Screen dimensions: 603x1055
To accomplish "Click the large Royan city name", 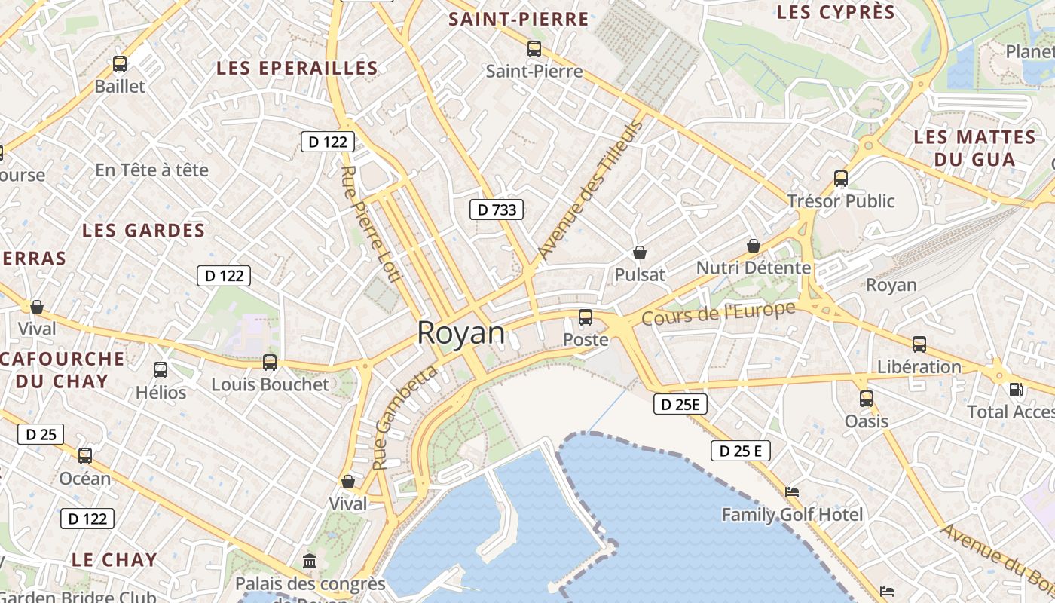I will pyautogui.click(x=460, y=332).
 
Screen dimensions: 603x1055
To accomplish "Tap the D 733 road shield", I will pyautogui.click(x=497, y=210).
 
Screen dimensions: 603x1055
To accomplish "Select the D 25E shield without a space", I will pyautogui.click(x=680, y=404).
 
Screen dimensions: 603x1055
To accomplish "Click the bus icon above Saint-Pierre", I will pyautogui.click(x=534, y=49).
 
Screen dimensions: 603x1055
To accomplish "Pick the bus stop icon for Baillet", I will pyautogui.click(x=120, y=64).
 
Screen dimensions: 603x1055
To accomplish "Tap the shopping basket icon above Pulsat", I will pyautogui.click(x=640, y=253).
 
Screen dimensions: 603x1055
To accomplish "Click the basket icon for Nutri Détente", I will pyautogui.click(x=753, y=246).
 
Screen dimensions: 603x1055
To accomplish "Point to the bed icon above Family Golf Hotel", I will pyautogui.click(x=792, y=492).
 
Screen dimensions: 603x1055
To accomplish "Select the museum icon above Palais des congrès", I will pyautogui.click(x=310, y=561).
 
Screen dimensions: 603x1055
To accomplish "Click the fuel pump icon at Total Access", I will pyautogui.click(x=1016, y=390).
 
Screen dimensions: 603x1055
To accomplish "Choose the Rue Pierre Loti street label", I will pyautogui.click(x=369, y=223).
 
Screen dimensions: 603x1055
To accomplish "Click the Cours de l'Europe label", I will pyautogui.click(x=718, y=313).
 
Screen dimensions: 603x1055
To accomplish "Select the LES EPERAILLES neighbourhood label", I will pyautogui.click(x=297, y=68).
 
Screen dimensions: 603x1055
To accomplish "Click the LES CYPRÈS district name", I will pyautogui.click(x=836, y=12).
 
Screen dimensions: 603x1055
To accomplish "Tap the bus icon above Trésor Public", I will pyautogui.click(x=841, y=179).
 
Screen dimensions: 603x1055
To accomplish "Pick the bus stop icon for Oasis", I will pyautogui.click(x=867, y=399).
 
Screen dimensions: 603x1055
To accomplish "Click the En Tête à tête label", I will pyautogui.click(x=151, y=170).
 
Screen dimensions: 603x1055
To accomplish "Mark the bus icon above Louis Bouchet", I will pyautogui.click(x=270, y=363).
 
